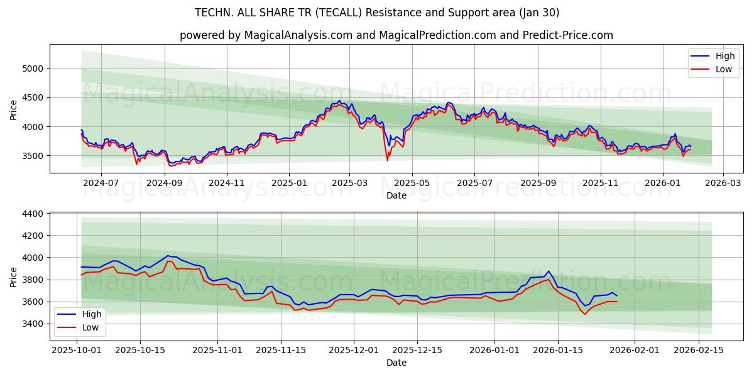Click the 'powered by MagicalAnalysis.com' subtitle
pos(396,35)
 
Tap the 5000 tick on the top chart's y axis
pos(35,68)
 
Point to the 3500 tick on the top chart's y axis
pos(35,156)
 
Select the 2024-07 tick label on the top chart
pos(101,183)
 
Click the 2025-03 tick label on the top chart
pos(350,183)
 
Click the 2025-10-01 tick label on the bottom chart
pos(77,350)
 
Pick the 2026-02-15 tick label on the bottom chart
pos(699,350)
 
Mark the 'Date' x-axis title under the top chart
pos(396,195)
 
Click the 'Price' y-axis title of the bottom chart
pos(14,276)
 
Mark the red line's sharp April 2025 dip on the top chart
pos(387,160)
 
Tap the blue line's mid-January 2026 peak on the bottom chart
pos(548,271)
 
